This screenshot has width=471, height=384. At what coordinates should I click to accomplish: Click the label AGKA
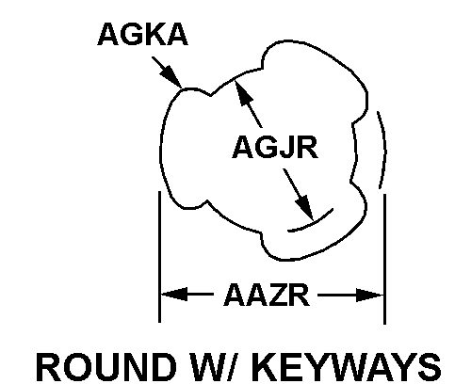coord(143,34)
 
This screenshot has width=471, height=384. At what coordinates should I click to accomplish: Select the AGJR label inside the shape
coord(275,147)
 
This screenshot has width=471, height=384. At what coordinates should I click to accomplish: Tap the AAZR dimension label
coord(267,295)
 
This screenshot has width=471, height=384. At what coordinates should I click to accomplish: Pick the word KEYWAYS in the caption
coord(347,367)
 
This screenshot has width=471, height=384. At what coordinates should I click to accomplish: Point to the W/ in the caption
coord(216,367)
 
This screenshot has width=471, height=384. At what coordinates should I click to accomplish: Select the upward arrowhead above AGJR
coord(243,92)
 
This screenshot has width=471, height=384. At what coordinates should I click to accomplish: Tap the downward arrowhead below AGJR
coord(304,207)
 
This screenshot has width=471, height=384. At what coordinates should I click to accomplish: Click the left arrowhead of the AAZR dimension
coord(174,295)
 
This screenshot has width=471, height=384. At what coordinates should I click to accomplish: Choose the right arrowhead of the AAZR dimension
coord(369,295)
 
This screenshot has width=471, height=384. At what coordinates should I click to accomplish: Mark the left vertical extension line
coord(160,257)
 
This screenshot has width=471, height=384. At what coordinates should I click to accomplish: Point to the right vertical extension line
coord(385,259)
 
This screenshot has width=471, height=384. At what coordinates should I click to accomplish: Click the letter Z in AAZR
coord(278,295)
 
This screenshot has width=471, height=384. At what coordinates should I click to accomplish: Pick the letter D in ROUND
coord(163,367)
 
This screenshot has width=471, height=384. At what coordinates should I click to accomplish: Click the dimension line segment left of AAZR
coord(187,295)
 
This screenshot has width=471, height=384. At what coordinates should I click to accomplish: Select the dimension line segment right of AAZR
coord(350,295)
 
